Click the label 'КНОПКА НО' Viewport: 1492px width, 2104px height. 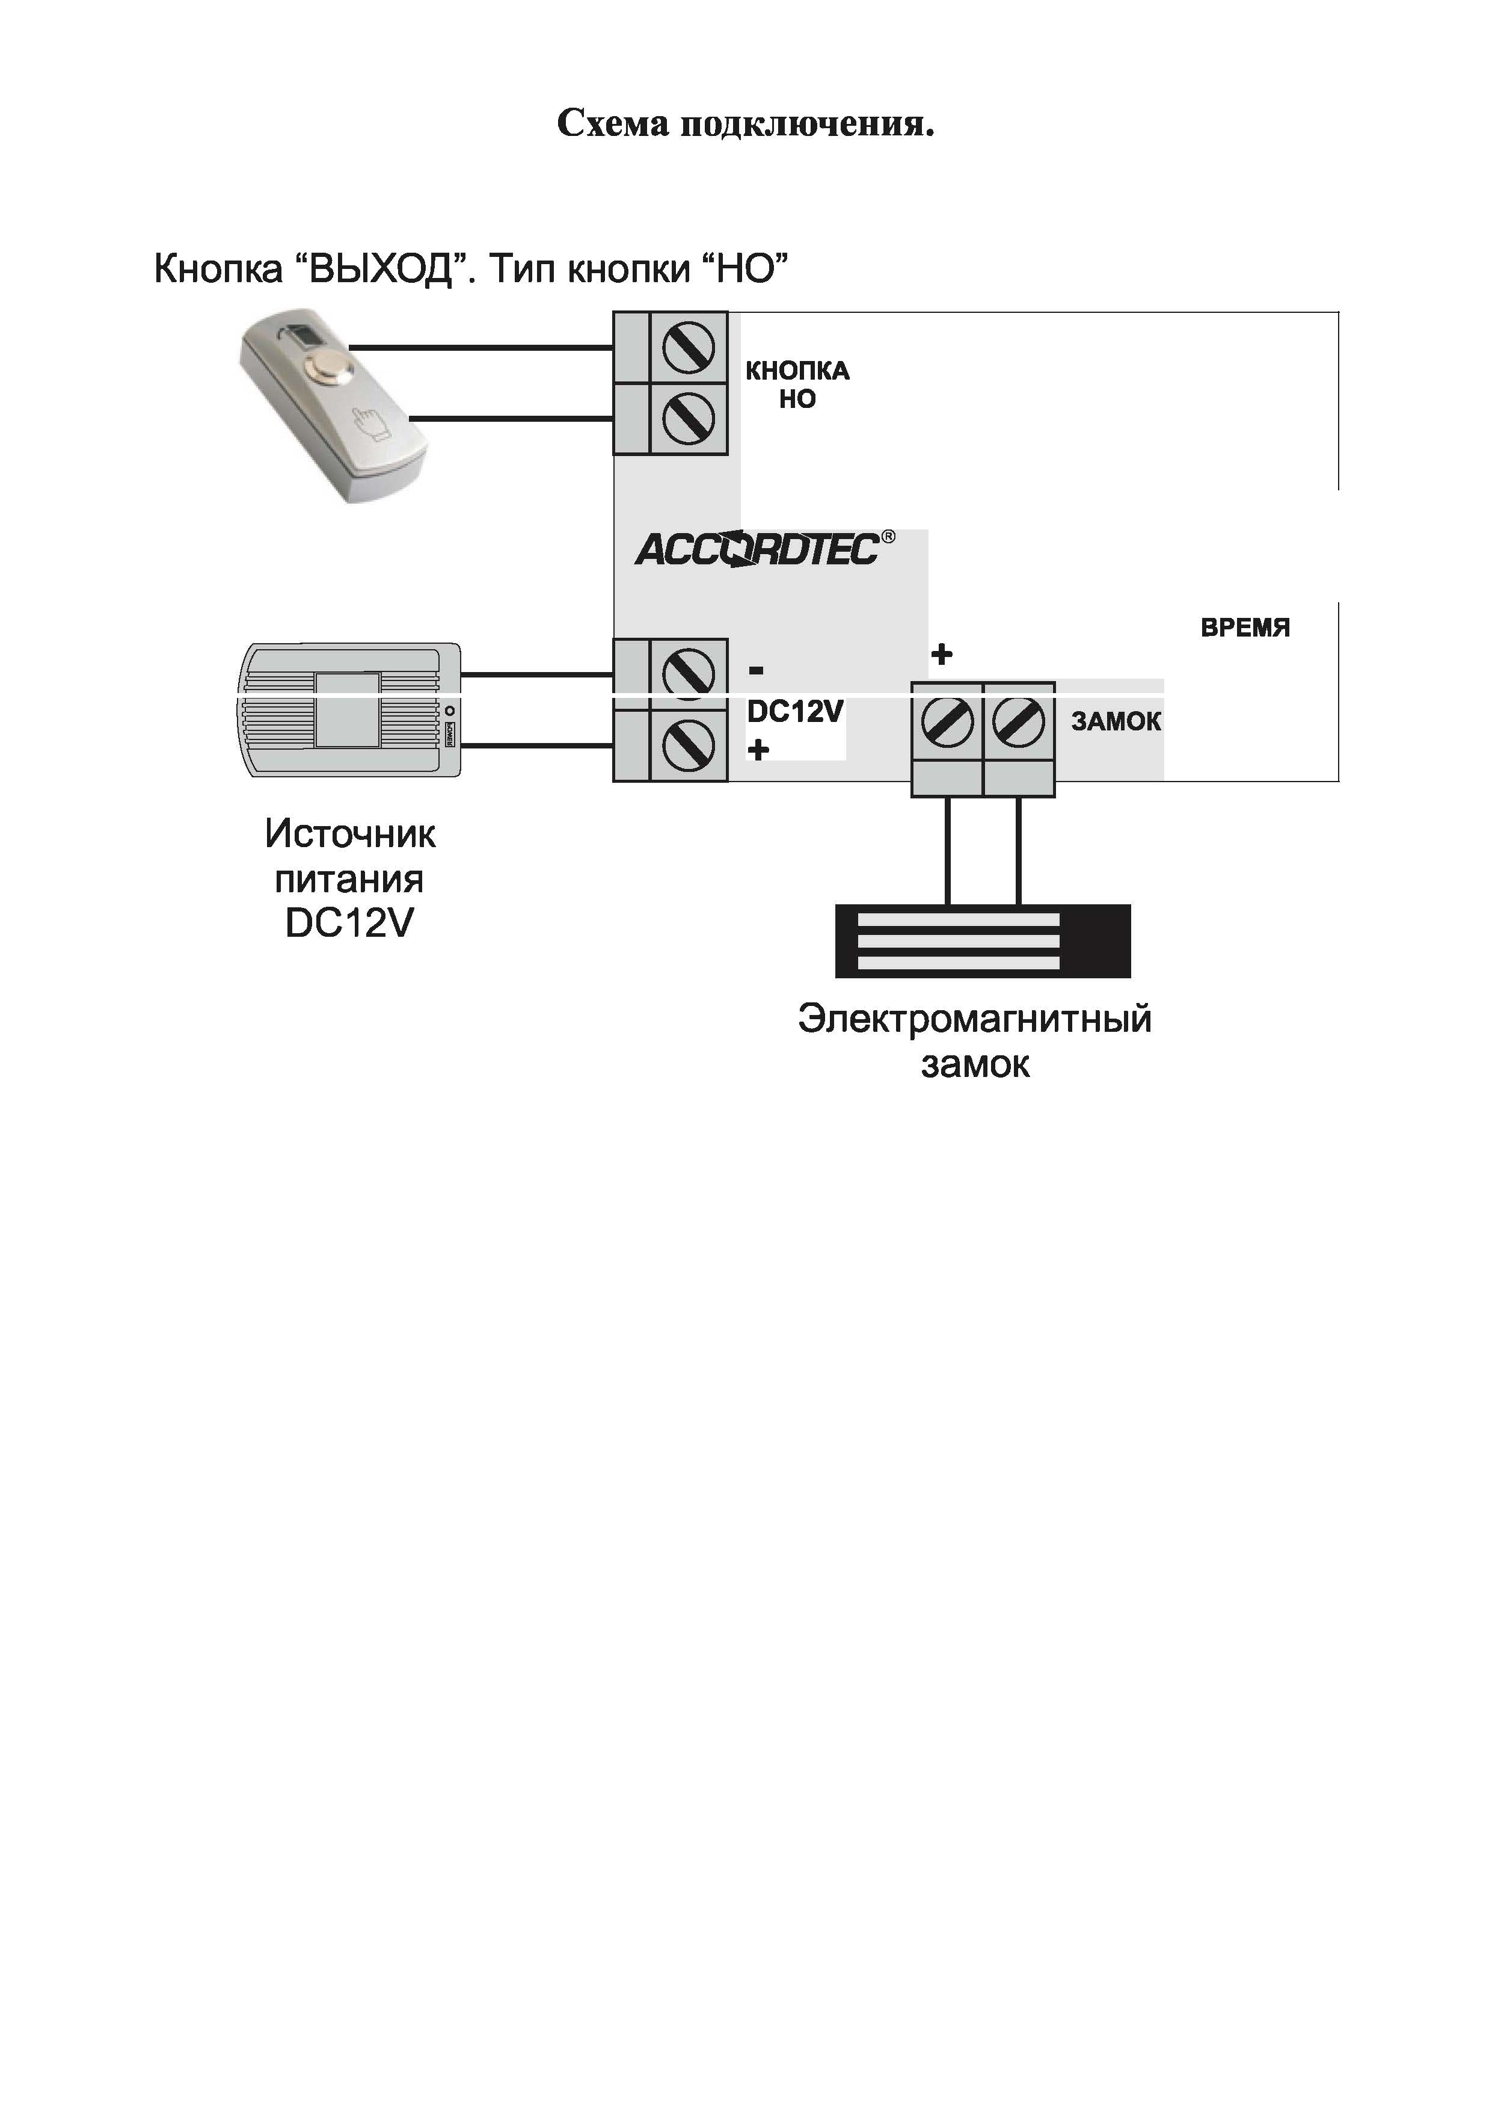click(x=797, y=384)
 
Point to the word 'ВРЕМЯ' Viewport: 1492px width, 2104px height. click(x=1245, y=628)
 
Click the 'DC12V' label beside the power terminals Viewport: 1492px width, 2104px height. click(x=794, y=711)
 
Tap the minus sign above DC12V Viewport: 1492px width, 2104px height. click(x=756, y=671)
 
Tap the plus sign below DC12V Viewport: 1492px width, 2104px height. click(x=758, y=750)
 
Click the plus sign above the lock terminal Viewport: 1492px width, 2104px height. click(x=942, y=655)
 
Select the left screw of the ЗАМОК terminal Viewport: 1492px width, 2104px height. click(x=947, y=721)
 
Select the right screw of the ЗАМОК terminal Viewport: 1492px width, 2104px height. click(x=1018, y=721)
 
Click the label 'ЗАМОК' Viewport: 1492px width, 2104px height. click(x=1116, y=721)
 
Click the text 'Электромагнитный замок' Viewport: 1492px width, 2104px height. click(x=974, y=1041)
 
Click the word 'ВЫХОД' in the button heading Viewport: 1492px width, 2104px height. click(x=379, y=270)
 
